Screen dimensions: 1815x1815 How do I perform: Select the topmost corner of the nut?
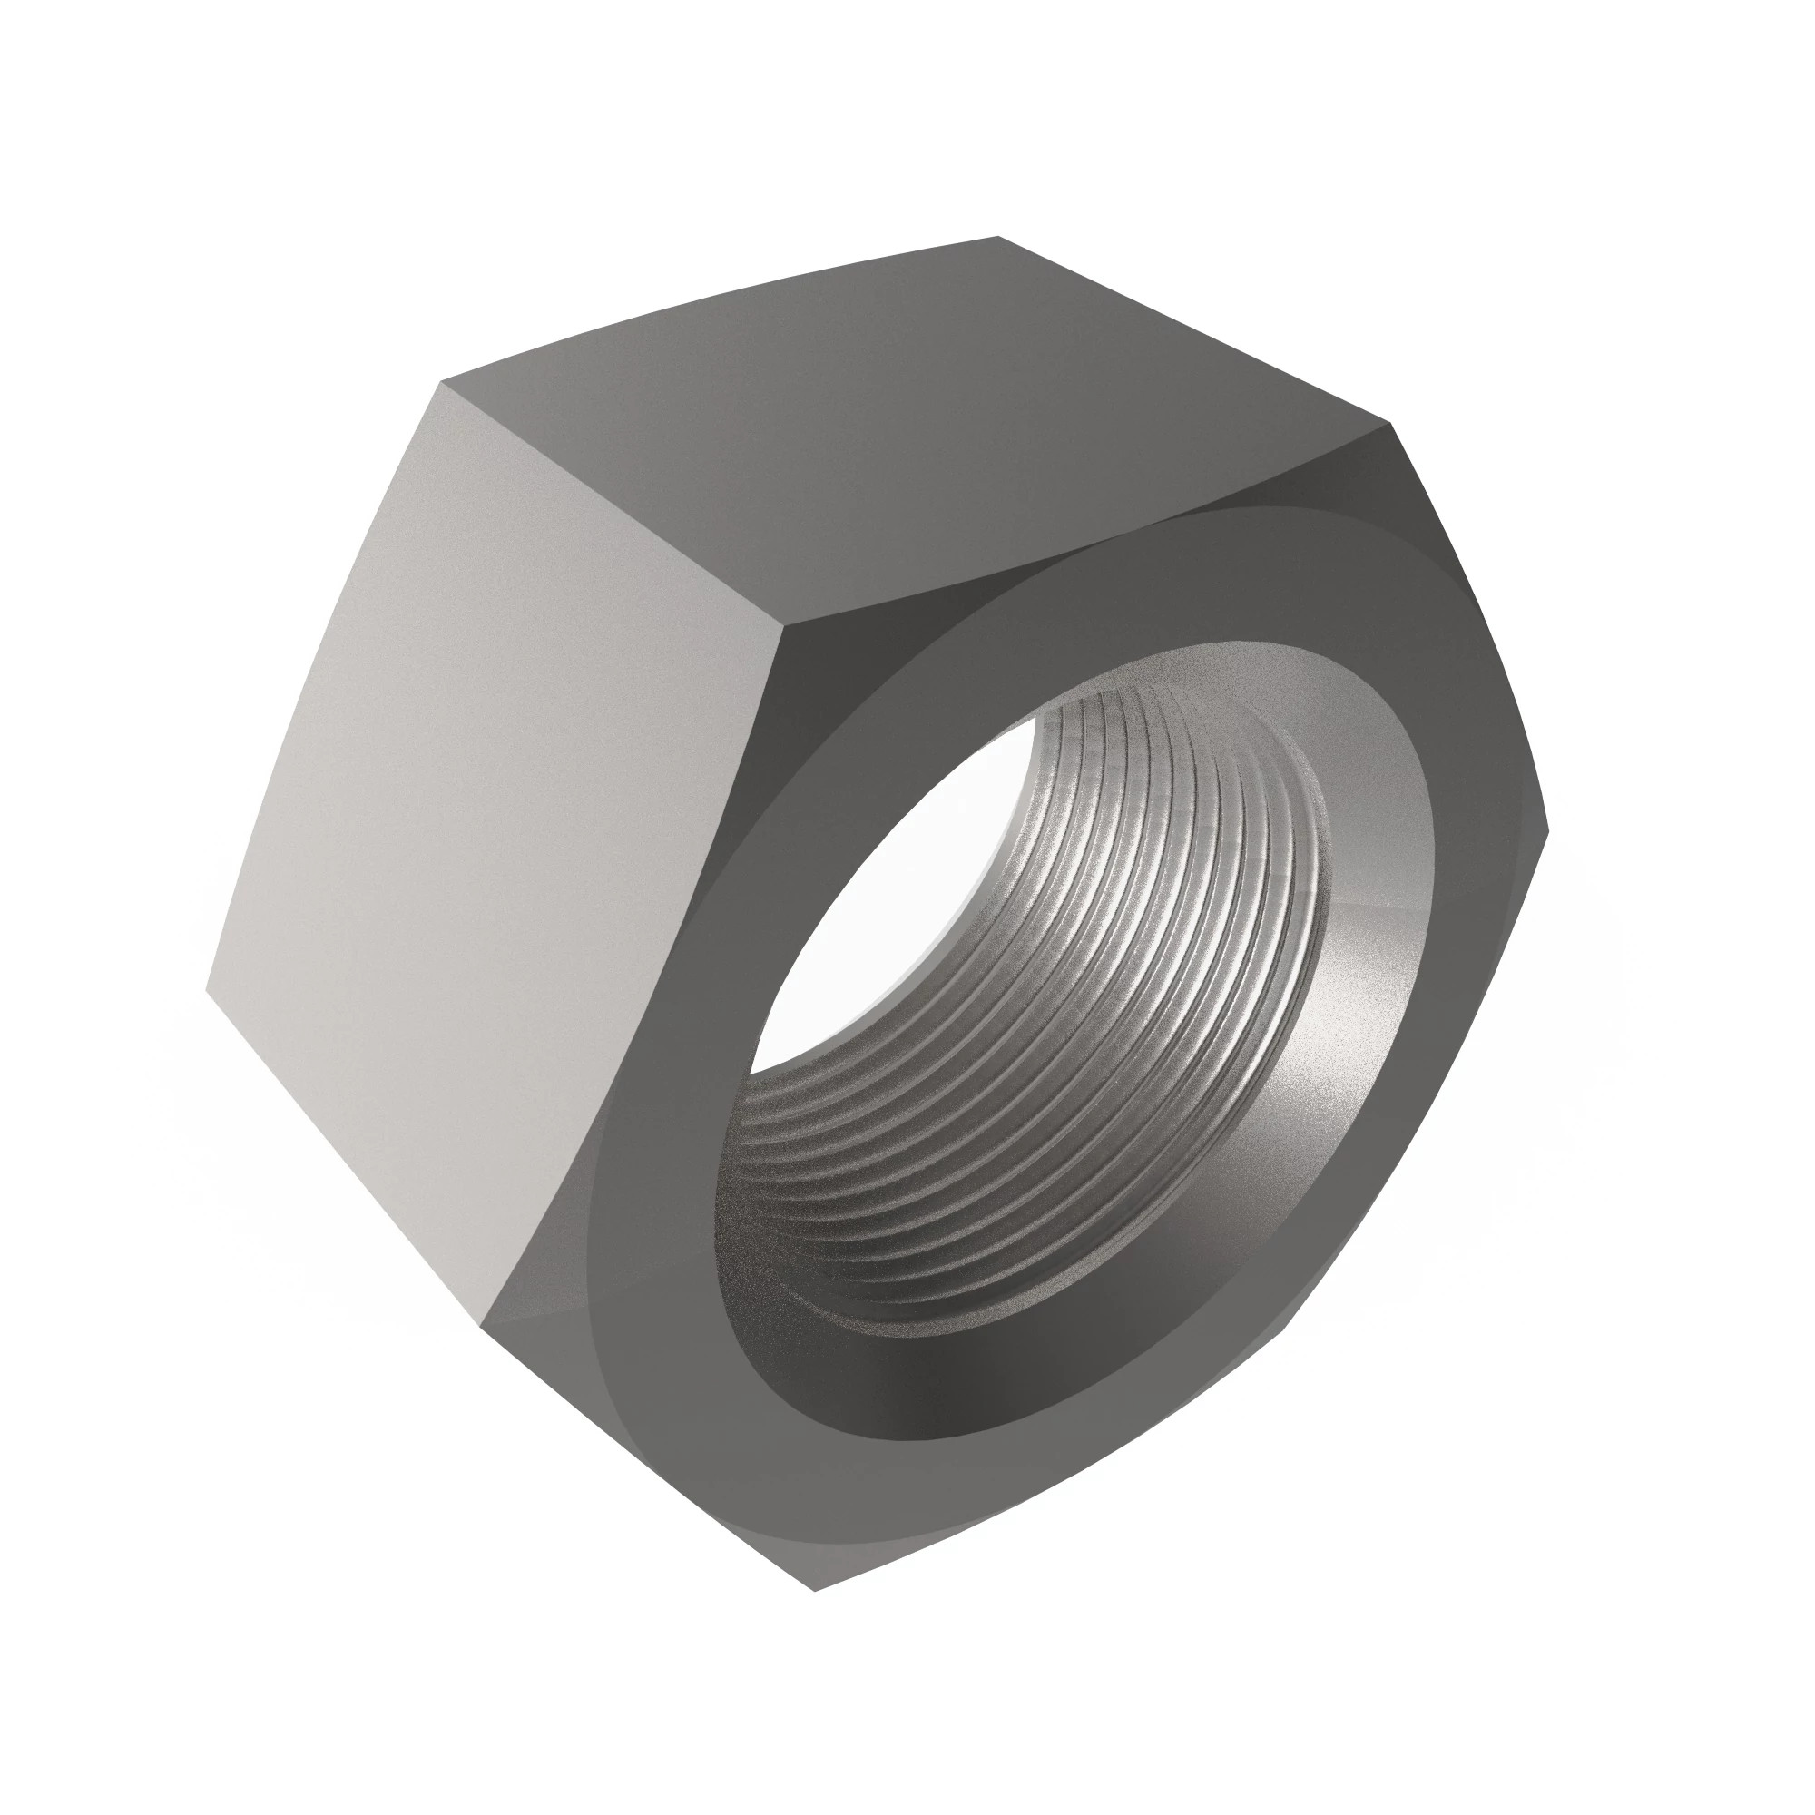pyautogui.click(x=996, y=237)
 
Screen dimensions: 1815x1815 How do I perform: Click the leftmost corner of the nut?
pyautogui.click(x=207, y=988)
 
